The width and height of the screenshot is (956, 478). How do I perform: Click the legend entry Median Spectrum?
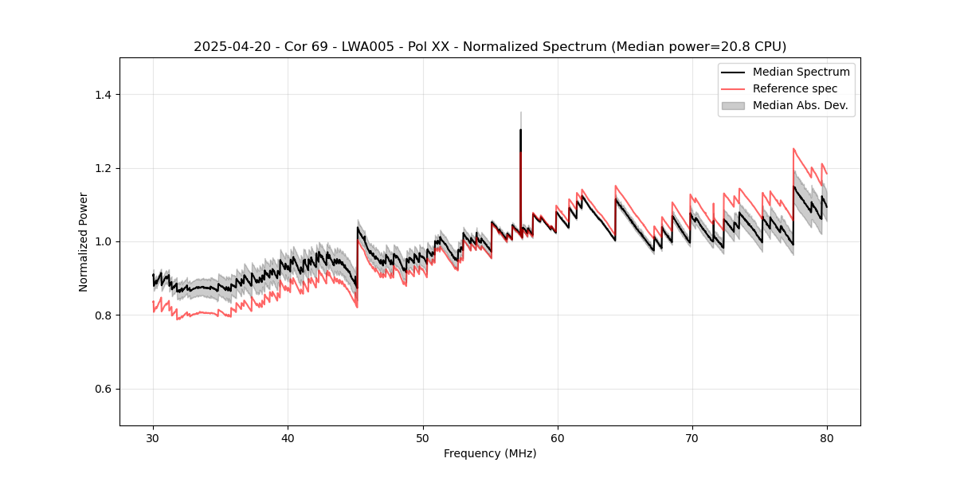[801, 72]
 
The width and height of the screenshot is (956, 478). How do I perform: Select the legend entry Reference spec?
[794, 88]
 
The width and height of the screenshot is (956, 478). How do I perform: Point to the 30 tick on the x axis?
[153, 438]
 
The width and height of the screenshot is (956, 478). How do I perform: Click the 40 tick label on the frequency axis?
[288, 438]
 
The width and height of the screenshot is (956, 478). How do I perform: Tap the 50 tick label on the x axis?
[422, 438]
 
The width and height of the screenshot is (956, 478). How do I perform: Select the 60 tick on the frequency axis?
[557, 438]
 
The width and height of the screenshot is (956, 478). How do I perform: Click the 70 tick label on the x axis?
[692, 438]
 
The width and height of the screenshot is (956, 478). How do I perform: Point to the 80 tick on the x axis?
[826, 438]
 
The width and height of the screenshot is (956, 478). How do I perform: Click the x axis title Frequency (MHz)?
[490, 454]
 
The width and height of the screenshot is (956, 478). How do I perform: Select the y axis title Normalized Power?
[83, 241]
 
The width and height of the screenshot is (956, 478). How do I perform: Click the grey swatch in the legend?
[733, 105]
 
